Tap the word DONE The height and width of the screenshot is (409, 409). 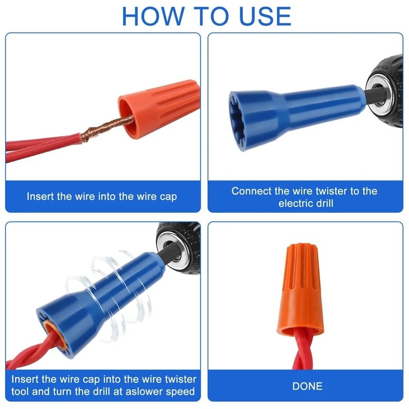[x=307, y=385]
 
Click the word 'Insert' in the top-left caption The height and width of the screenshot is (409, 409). [x=41, y=196]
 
